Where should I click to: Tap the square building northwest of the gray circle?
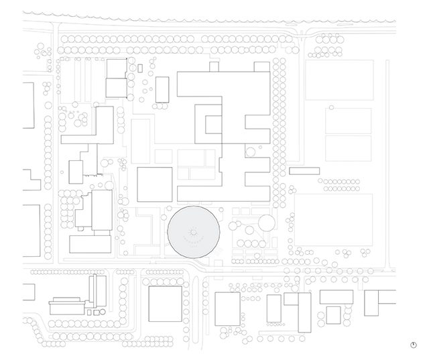155,184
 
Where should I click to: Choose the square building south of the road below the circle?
164,305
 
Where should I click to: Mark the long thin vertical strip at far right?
388,161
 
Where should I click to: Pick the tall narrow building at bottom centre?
304,311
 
